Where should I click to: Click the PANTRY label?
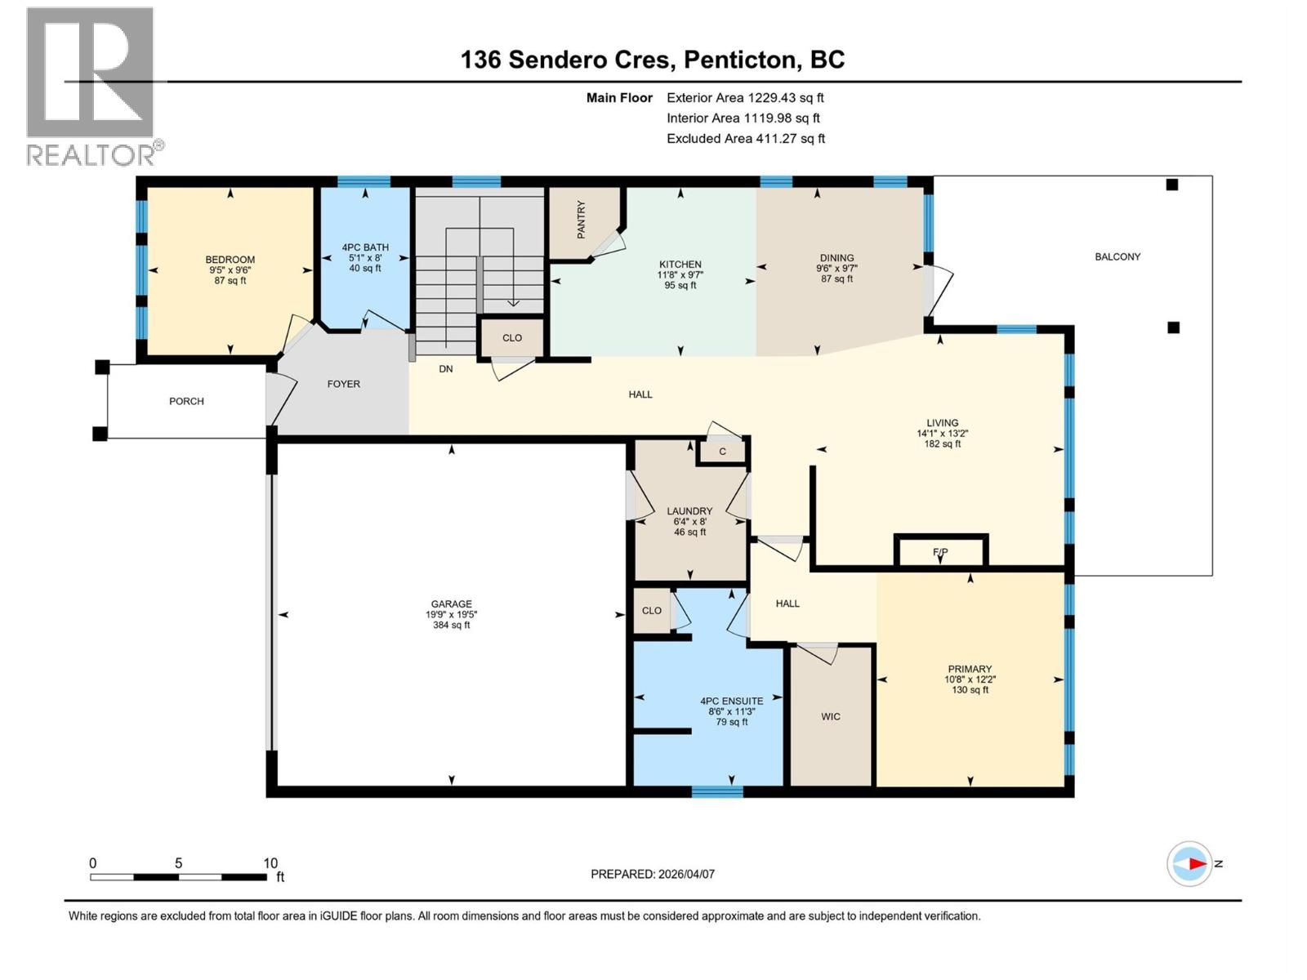(x=582, y=220)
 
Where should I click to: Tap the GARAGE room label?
(x=451, y=604)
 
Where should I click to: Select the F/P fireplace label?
(x=940, y=553)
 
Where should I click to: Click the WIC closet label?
(x=831, y=716)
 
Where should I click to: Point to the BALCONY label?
(x=1117, y=256)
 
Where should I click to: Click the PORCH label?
(x=186, y=401)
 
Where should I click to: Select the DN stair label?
(x=446, y=369)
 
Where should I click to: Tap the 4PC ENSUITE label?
(x=732, y=701)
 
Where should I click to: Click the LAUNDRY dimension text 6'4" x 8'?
(x=689, y=522)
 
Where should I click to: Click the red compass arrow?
(x=1196, y=863)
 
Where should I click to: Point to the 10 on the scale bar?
(x=270, y=863)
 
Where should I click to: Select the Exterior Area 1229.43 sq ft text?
(x=745, y=98)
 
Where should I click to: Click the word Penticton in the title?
(x=739, y=60)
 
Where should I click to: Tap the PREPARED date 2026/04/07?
(x=685, y=874)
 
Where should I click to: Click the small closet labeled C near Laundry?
(x=722, y=452)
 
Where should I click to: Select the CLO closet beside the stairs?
(x=512, y=338)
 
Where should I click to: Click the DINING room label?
(x=836, y=257)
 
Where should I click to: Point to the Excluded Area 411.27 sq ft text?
(x=746, y=139)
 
